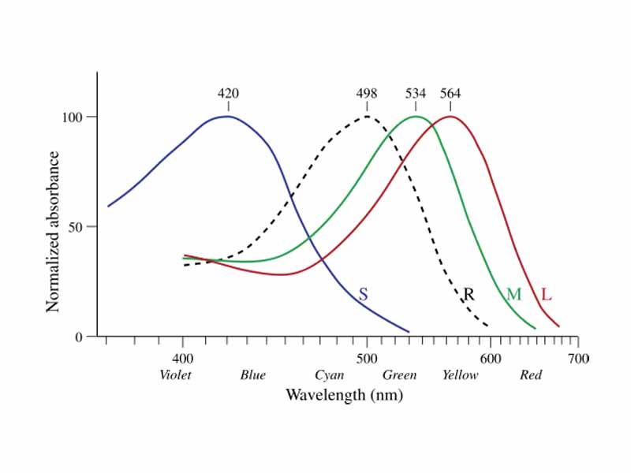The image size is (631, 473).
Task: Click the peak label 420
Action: point(228,94)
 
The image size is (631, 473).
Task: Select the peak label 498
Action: point(367,94)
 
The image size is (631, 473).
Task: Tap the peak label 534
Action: point(416,94)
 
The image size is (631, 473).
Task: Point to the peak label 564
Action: point(450,94)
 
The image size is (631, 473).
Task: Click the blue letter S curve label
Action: point(363,295)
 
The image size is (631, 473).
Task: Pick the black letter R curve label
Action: point(469,295)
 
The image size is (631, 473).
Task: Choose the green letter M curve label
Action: point(513,295)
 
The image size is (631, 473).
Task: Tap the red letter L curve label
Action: point(546,295)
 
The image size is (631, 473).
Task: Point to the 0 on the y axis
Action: point(80,337)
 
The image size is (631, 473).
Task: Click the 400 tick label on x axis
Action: point(183,358)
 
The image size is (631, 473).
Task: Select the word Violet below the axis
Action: point(175,375)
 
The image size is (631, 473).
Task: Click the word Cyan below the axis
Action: point(329,375)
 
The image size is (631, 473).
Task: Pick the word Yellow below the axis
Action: point(460,375)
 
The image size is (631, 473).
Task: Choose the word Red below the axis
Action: point(531,375)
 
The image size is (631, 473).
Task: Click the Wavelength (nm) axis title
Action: point(344,394)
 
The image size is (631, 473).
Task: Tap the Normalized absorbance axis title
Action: point(54,226)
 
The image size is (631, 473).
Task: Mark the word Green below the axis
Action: point(399,375)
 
